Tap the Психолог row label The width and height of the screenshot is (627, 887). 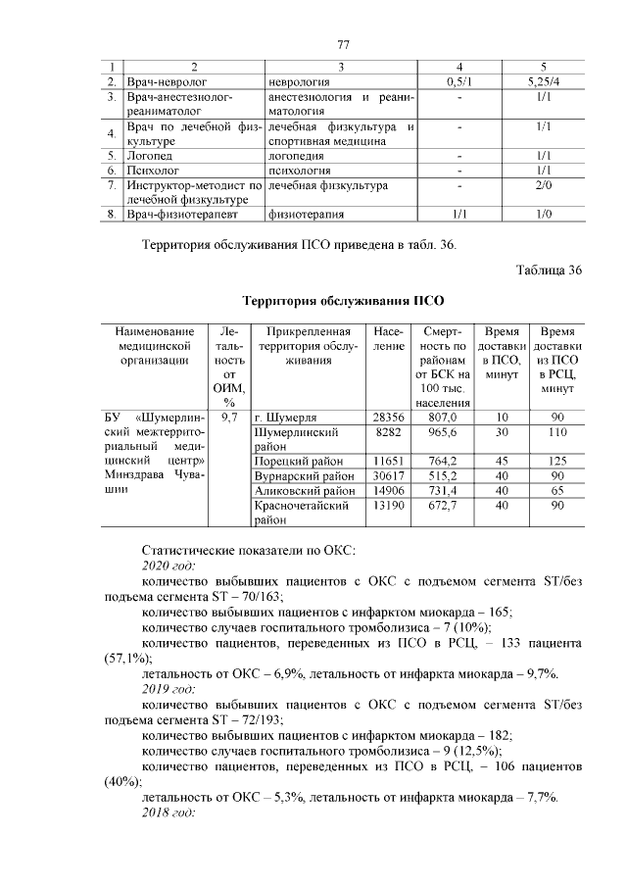pyautogui.click(x=149, y=171)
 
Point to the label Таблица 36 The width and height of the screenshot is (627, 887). pyautogui.click(x=548, y=271)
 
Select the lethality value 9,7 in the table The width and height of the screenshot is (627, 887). pyautogui.click(x=229, y=417)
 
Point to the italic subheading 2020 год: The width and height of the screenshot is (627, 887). pyautogui.click(x=169, y=566)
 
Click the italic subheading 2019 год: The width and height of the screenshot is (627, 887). pyautogui.click(x=169, y=689)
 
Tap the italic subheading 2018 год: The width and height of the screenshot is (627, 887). pyautogui.click(x=169, y=813)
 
